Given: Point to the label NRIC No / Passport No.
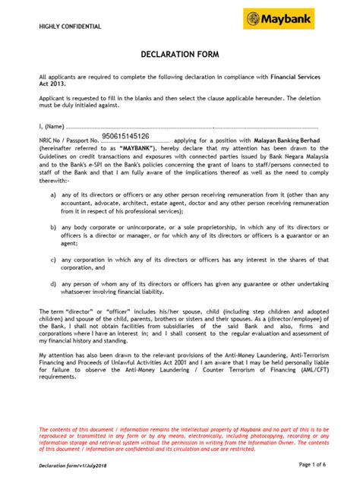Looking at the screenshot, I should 69,141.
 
